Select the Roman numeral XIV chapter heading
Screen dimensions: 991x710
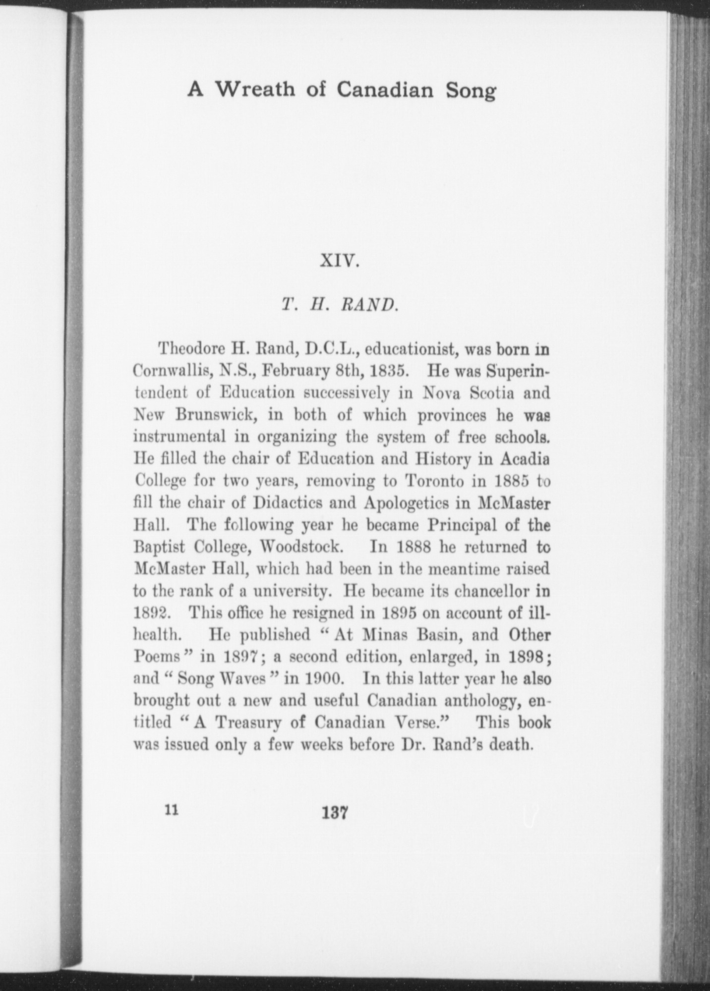click(340, 261)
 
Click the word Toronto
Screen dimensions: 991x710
click(434, 481)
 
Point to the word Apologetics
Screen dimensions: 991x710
click(406, 503)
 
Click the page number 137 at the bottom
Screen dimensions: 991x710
click(336, 813)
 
